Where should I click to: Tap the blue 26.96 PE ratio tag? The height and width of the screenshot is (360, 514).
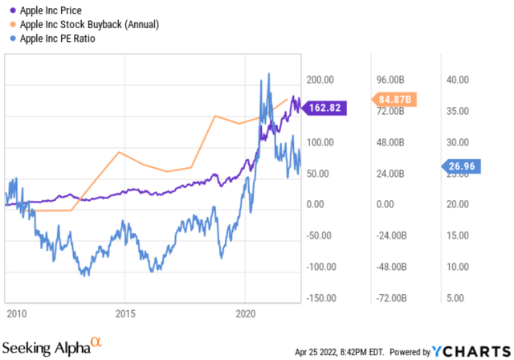point(467,166)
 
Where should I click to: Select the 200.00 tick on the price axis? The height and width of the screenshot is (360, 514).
point(320,80)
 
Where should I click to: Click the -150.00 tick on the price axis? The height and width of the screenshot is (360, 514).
point(318,298)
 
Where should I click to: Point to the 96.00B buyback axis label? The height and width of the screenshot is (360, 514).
point(394,80)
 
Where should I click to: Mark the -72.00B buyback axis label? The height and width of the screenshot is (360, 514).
point(392,298)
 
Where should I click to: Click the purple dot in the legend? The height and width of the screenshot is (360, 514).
point(10,10)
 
